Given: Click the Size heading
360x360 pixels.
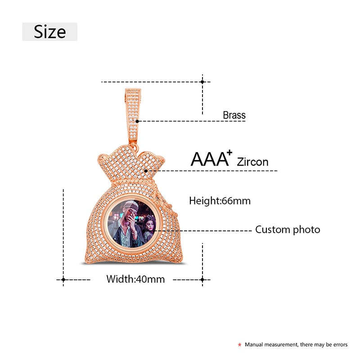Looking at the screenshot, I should point(49,32).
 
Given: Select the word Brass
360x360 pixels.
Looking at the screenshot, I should point(234,115).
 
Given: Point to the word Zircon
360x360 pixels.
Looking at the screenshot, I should point(252,162).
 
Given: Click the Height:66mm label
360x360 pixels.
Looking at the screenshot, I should point(220,201).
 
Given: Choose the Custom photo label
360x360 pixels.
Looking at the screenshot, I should point(288,229).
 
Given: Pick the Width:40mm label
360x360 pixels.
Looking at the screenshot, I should point(135,279).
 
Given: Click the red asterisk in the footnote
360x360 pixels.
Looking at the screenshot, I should point(239,345).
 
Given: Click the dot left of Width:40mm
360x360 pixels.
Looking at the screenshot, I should point(63,280).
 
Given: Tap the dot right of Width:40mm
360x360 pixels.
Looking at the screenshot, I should point(202,280).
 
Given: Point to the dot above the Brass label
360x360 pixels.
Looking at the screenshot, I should point(202,82).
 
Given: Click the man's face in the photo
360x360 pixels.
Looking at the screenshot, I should point(128,217).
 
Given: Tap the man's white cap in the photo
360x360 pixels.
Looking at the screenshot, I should point(130,207).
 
